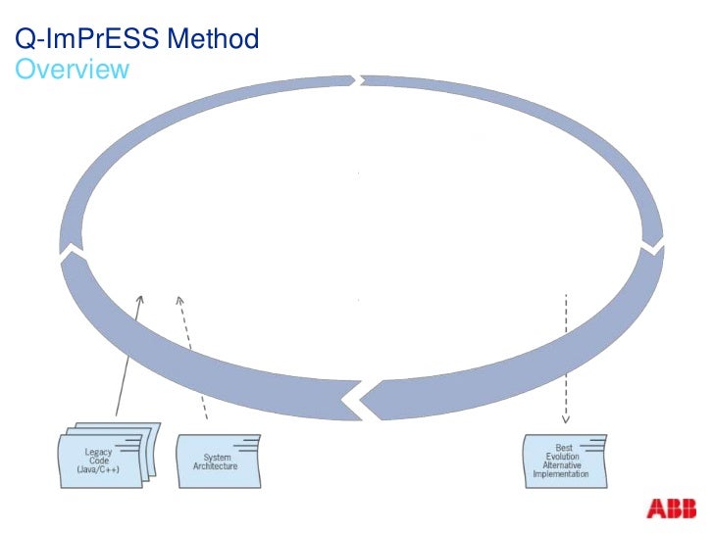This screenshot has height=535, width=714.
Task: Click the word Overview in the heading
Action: (73, 70)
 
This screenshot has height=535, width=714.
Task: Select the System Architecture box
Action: (218, 461)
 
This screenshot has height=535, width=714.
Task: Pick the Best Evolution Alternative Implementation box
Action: (565, 461)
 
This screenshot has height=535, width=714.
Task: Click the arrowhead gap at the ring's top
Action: (361, 78)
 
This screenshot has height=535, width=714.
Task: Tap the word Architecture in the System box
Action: (217, 466)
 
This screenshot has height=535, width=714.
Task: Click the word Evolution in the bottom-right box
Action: (564, 457)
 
